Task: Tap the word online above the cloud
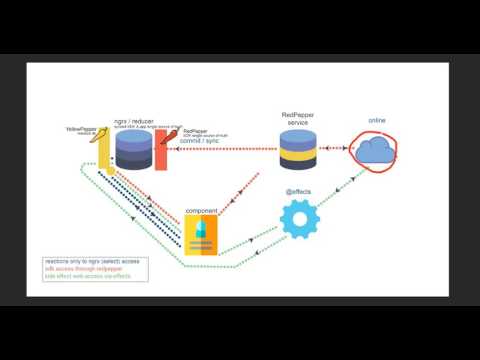(375, 121)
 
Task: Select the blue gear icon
(298, 218)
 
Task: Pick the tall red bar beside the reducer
(160, 150)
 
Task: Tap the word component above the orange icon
(201, 211)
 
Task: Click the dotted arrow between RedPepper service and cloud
(334, 149)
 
